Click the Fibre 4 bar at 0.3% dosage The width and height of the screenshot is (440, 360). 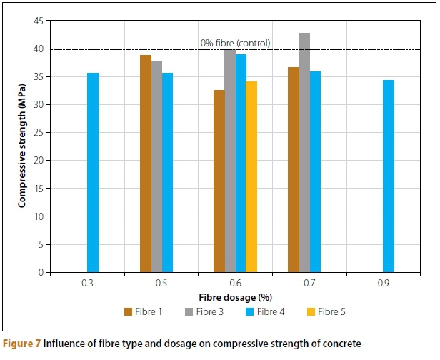pos(93,172)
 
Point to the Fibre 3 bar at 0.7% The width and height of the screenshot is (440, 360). pos(304,152)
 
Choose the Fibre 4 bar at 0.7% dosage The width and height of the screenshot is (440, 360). pos(315,171)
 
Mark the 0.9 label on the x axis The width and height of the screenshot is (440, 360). pos(384,284)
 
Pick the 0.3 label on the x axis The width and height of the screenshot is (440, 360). pos(87,284)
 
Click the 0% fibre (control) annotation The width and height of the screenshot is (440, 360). pos(235,43)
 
